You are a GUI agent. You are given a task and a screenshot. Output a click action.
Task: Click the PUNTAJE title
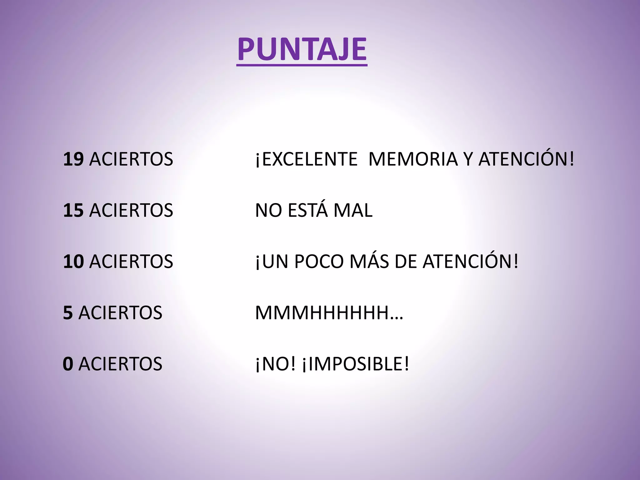(x=302, y=49)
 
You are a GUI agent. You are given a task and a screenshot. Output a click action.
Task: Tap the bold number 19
(x=73, y=159)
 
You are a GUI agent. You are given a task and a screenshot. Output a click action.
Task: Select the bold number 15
(x=73, y=210)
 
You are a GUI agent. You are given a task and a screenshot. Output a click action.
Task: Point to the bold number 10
(x=73, y=262)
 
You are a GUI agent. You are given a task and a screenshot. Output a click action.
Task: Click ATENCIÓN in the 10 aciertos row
(x=471, y=261)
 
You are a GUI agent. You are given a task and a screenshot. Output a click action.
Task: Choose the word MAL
(x=353, y=210)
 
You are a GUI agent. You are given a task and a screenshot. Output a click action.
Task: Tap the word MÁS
(x=369, y=261)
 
